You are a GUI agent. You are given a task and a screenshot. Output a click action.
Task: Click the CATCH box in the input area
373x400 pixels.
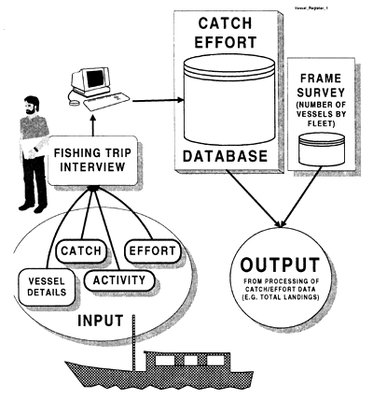pos(86,250)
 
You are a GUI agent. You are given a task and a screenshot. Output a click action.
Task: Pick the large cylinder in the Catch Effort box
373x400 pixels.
pos(224,98)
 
